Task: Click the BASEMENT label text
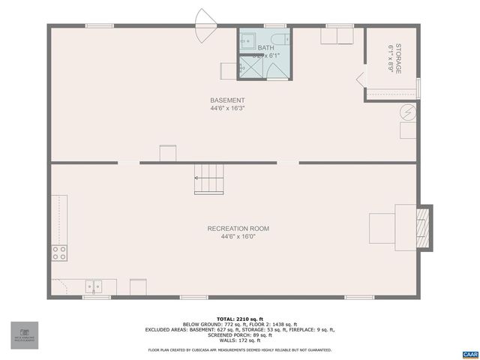tap(227, 100)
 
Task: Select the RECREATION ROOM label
tap(238, 229)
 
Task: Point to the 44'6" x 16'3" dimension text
tap(227, 109)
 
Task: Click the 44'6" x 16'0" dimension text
tap(238, 237)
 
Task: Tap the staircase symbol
tap(209, 178)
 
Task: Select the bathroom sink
tap(248, 42)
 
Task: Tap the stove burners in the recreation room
tap(59, 253)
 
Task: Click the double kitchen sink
tap(94, 286)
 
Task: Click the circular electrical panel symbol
tap(408, 112)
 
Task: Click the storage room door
tap(361, 79)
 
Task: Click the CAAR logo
tap(469, 353)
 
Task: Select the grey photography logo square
tap(25, 335)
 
